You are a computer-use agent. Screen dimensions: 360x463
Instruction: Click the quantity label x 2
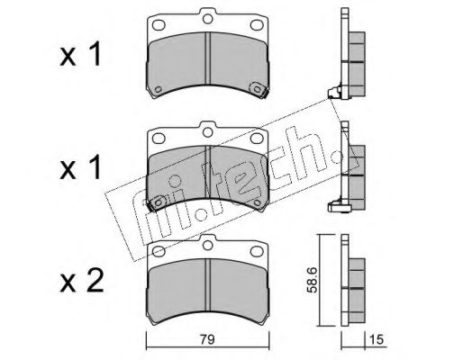pos(81,283)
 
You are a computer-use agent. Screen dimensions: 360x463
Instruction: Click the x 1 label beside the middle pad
pos(81,169)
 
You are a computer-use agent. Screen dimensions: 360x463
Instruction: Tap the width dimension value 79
pos(208,339)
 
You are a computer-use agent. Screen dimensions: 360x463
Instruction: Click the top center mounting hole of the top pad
pos(208,16)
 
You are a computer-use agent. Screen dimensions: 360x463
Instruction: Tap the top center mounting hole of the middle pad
pos(208,130)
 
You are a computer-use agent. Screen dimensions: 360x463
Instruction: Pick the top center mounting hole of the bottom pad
pos(208,242)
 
